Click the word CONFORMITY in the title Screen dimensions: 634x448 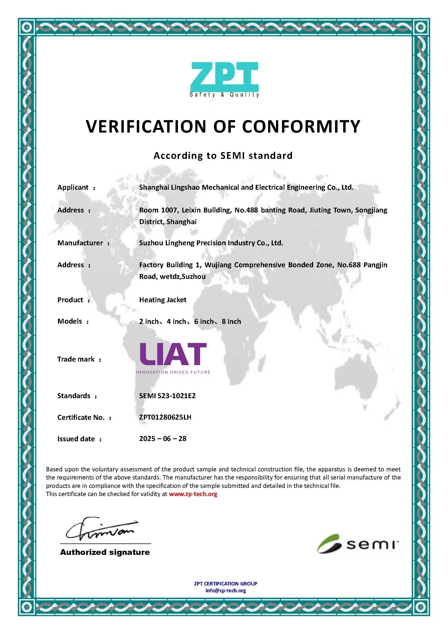(x=301, y=127)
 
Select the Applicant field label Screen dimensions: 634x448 (x=73, y=187)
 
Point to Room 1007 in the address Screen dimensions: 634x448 (x=158, y=210)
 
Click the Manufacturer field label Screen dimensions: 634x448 (x=80, y=243)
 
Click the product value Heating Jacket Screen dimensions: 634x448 (x=163, y=300)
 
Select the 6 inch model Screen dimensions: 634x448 (x=204, y=321)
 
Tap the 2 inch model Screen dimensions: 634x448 (x=149, y=321)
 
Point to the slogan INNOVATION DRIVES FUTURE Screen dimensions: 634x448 (x=173, y=372)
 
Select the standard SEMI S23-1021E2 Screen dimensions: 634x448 (x=167, y=396)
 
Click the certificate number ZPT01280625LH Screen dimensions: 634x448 (x=165, y=417)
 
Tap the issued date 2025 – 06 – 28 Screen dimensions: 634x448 (x=163, y=439)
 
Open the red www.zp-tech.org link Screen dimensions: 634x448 (x=193, y=494)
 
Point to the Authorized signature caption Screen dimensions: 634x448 (x=105, y=552)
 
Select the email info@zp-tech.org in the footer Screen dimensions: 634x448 (x=225, y=591)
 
